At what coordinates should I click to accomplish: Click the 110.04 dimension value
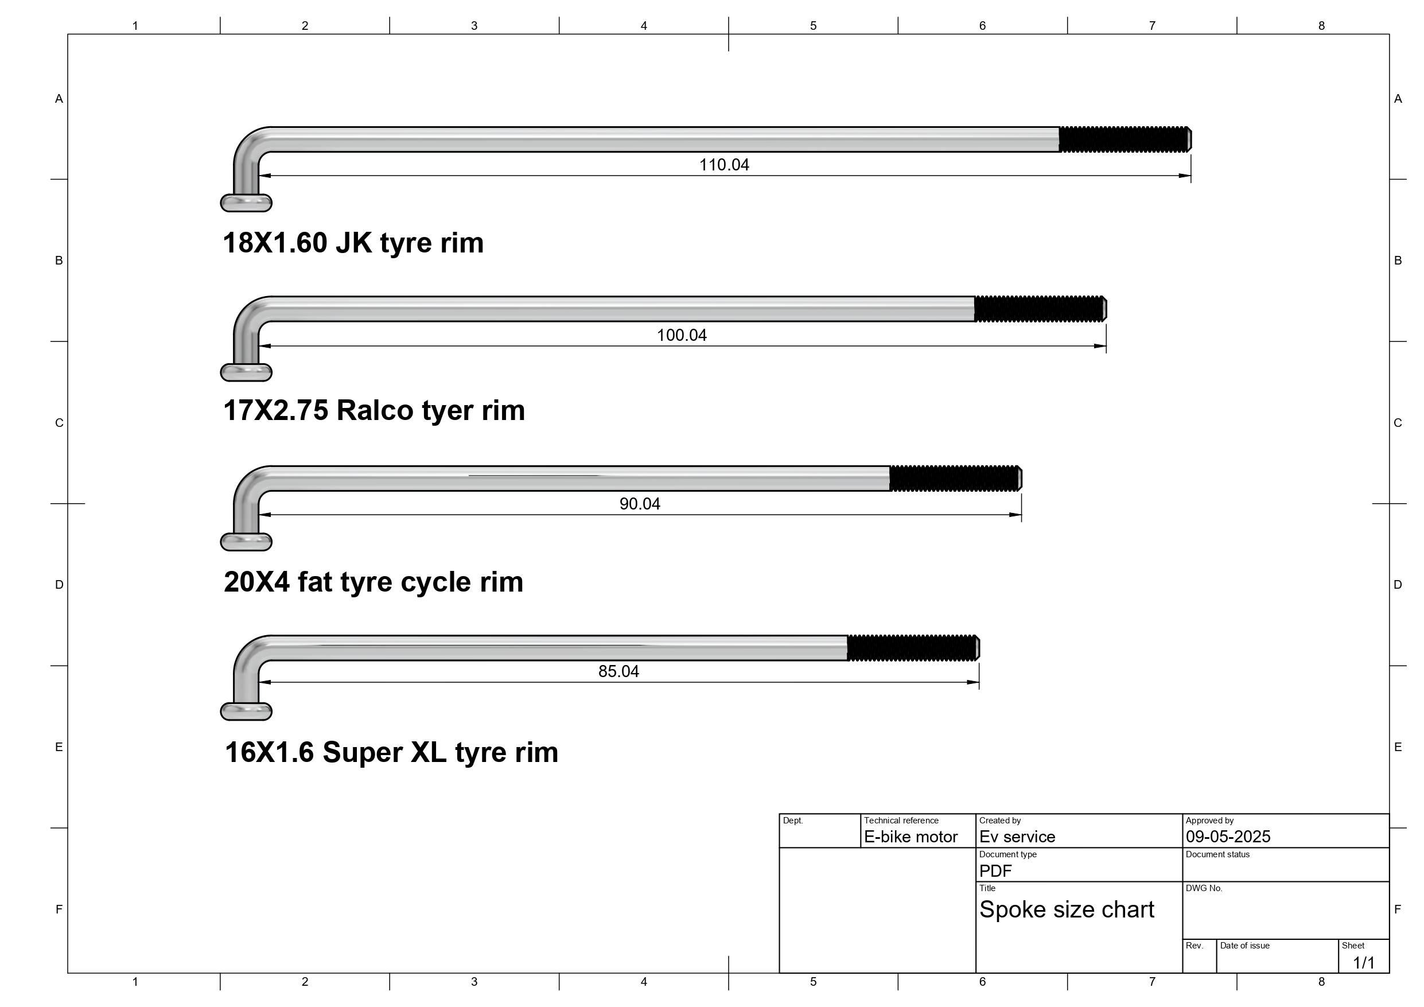click(724, 165)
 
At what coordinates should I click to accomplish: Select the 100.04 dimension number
click(682, 336)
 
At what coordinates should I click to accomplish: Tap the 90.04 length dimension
click(640, 504)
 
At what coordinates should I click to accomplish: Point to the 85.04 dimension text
click(618, 671)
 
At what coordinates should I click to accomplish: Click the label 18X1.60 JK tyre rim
click(353, 243)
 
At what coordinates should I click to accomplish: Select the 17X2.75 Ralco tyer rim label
click(374, 411)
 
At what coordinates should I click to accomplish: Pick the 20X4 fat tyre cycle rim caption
click(373, 582)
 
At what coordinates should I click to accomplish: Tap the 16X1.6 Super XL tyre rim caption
click(391, 753)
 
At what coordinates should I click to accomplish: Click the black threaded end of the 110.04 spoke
click(1125, 139)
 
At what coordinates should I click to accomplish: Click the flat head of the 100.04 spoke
click(246, 372)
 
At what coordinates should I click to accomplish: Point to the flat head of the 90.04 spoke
click(246, 542)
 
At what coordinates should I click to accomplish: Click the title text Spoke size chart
click(1067, 909)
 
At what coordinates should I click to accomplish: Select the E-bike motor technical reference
click(911, 837)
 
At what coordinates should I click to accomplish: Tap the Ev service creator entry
click(1017, 837)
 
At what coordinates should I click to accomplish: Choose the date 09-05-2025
click(1228, 837)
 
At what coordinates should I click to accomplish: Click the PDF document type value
click(995, 871)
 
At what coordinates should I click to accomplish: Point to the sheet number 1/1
click(1364, 963)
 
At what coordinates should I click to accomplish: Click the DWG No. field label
click(1204, 888)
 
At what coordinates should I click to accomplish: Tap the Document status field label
click(1217, 854)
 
